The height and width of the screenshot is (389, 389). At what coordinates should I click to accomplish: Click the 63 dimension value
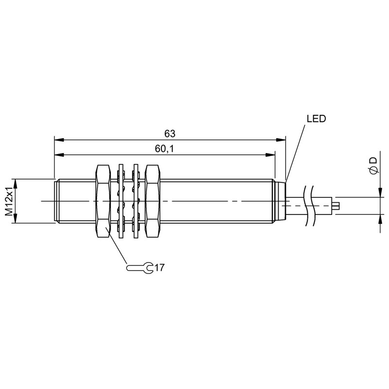(170, 134)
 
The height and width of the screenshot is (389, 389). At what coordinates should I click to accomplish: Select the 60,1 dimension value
(164, 149)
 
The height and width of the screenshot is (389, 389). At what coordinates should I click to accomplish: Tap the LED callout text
(316, 119)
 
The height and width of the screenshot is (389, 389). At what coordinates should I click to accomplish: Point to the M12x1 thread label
(9, 201)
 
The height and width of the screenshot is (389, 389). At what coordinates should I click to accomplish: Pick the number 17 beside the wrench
(159, 268)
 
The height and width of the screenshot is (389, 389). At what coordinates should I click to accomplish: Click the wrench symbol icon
(140, 268)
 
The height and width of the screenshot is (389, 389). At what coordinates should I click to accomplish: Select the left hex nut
(103, 201)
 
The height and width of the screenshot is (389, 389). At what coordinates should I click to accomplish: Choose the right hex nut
(153, 201)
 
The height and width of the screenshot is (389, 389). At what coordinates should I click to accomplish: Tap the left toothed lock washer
(121, 201)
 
